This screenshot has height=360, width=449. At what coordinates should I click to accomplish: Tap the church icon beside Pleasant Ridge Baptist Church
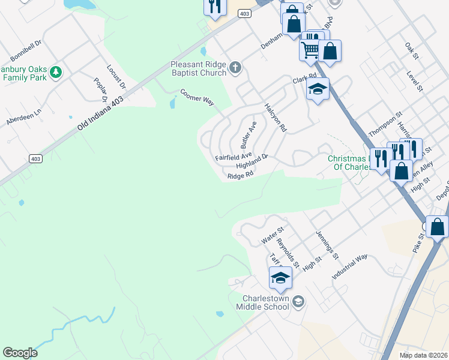click(x=235, y=68)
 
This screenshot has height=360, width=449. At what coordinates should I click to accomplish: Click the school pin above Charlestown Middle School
click(x=280, y=278)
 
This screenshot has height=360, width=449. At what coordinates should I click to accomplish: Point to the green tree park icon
click(x=56, y=72)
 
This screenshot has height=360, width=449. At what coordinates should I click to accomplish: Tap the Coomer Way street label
click(x=197, y=97)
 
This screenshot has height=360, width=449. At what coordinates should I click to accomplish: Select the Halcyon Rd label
click(x=276, y=117)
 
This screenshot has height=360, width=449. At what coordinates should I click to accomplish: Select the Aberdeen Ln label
click(x=23, y=116)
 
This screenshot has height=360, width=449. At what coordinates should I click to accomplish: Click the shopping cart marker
click(x=310, y=49)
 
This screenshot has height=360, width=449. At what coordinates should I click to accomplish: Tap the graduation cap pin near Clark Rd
click(x=318, y=90)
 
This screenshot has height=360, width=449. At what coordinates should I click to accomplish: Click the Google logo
click(x=20, y=353)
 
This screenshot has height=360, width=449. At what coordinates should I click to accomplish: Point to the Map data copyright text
click(x=423, y=355)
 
